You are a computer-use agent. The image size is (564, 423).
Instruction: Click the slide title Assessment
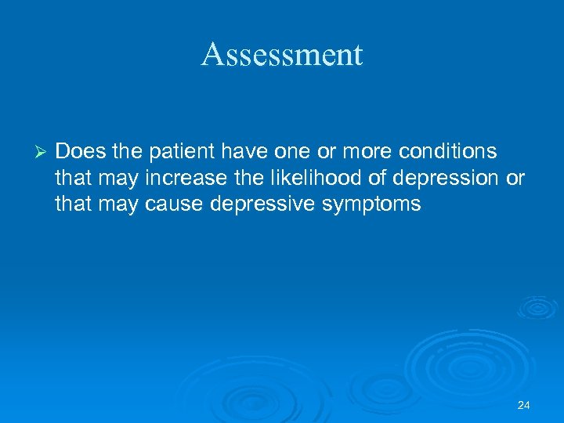coord(282,54)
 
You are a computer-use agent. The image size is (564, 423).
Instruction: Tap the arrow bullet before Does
coord(42,150)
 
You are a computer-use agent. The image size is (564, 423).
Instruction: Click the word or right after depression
coord(515,178)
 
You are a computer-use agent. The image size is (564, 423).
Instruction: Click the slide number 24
coord(524,405)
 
